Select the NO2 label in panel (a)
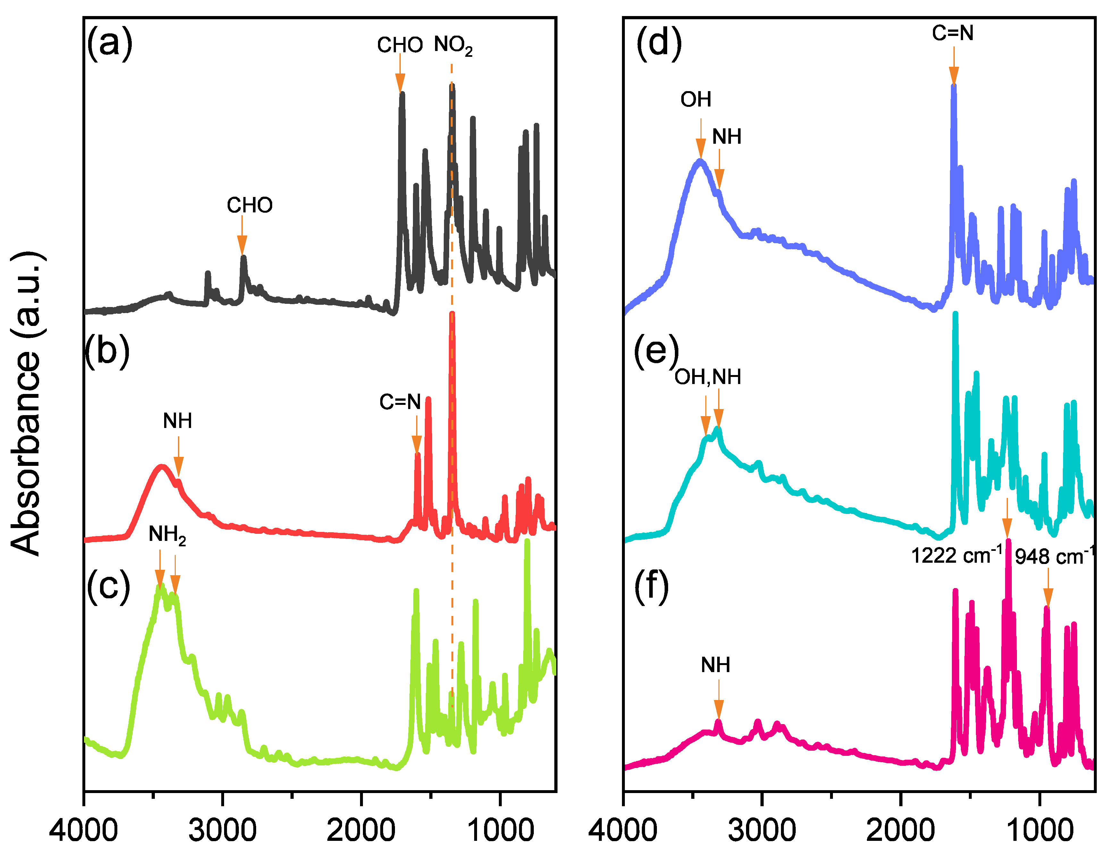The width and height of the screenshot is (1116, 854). coord(453,46)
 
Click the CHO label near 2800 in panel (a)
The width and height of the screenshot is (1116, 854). coord(249,205)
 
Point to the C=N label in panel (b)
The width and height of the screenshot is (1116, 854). coord(400,402)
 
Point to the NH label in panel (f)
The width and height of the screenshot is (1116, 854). coord(715,665)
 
